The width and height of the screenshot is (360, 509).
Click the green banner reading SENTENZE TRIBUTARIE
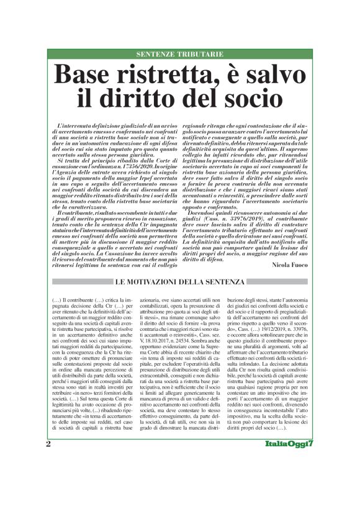pos(179,55)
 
